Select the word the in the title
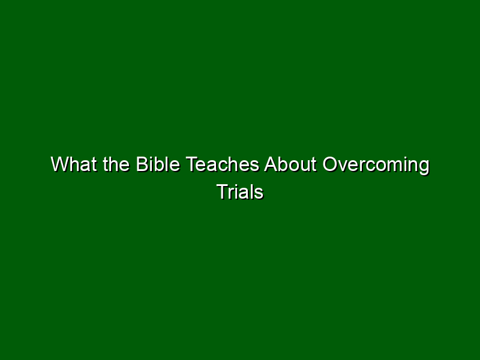tap(116, 164)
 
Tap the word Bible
tap(158, 164)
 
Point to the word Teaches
tap(223, 164)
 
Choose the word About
tap(290, 164)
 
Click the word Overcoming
tap(376, 166)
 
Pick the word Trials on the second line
tap(240, 192)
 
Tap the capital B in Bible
tap(142, 164)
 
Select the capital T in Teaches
tap(192, 164)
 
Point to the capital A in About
tap(271, 164)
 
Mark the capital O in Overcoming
tap(331, 164)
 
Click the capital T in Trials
tap(223, 192)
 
